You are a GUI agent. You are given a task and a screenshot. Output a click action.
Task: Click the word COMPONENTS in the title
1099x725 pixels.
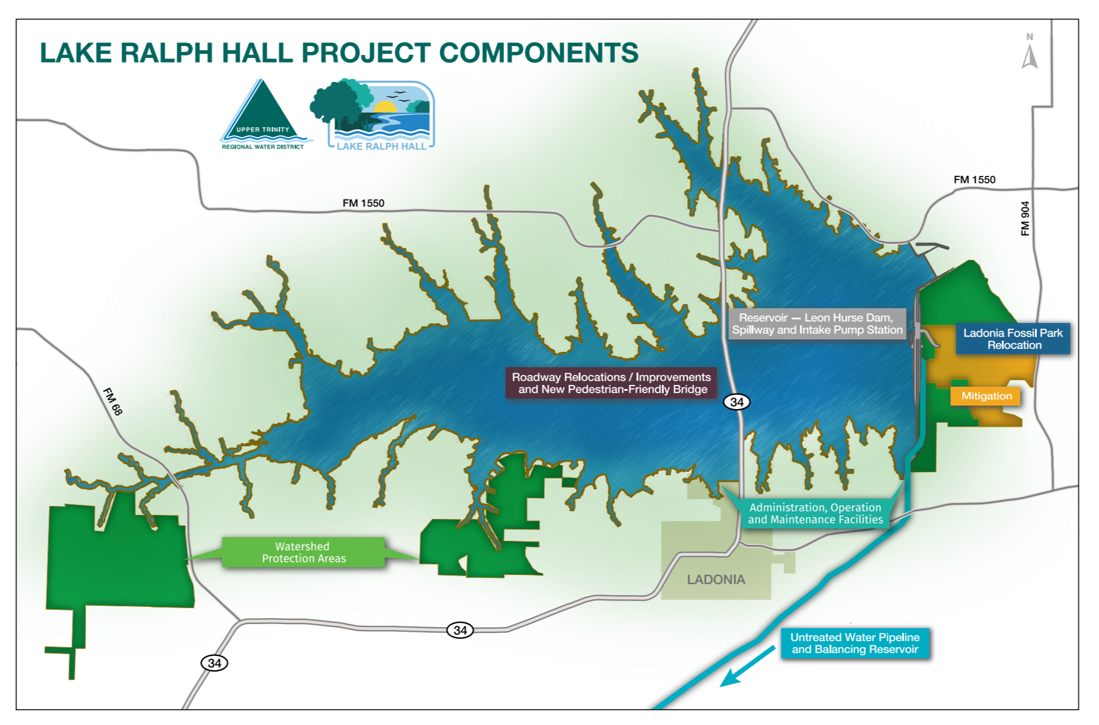pos(538,53)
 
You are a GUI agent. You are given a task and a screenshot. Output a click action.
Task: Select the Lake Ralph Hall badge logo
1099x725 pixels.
pos(374,115)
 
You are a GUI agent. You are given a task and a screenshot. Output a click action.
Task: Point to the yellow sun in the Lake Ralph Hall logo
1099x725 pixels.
pos(385,107)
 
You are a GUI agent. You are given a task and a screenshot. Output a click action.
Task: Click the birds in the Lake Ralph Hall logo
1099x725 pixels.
pos(397,95)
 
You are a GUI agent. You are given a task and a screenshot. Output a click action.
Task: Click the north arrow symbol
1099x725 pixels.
pos(1030,54)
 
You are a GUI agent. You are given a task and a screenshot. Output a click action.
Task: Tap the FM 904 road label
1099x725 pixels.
pos(1026,218)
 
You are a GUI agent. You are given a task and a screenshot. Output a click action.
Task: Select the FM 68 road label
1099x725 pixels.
pos(113,401)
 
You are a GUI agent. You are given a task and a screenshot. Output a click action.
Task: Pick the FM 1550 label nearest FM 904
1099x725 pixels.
pos(974,179)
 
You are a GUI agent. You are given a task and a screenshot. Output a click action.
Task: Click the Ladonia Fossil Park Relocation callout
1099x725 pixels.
pos(1013,339)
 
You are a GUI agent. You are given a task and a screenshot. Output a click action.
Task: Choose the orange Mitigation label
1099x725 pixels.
pos(986,396)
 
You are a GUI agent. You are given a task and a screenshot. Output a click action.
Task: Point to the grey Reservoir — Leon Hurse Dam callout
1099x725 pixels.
pos(817,324)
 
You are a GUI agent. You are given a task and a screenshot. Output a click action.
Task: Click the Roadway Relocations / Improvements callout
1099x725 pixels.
pos(611,383)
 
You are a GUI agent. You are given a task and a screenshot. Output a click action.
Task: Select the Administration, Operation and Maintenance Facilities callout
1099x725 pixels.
pos(815,514)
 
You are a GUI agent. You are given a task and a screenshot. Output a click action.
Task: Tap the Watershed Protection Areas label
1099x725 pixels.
pos(303,553)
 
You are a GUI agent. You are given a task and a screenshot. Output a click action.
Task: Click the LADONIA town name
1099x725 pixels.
pos(716,580)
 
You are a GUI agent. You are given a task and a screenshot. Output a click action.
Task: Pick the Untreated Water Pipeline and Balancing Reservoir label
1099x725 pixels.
pos(855,644)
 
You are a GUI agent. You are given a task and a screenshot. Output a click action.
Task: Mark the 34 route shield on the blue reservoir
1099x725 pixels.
pos(737,402)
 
